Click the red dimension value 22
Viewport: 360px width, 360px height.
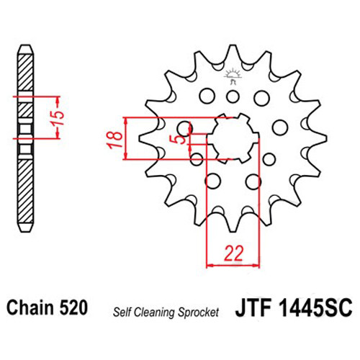pyautogui.click(x=233, y=253)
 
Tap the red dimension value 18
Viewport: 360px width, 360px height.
pyautogui.click(x=116, y=140)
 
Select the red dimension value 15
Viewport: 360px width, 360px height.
pyautogui.click(x=58, y=118)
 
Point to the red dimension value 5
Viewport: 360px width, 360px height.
pyautogui.click(x=181, y=139)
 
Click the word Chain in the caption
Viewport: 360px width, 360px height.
pyautogui.click(x=30, y=307)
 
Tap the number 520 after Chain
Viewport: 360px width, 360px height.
pyautogui.click(x=73, y=307)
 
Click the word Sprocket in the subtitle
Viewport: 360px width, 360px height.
pyautogui.click(x=198, y=312)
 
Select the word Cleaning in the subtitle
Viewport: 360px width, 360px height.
pyautogui.click(x=154, y=312)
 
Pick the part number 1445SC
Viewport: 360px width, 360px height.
pyautogui.click(x=315, y=307)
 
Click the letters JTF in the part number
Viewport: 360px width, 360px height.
pyautogui.click(x=253, y=307)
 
